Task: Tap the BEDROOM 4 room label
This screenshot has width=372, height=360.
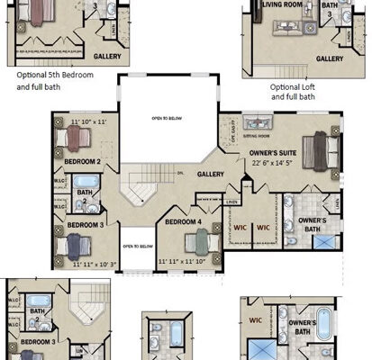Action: coord(184,221)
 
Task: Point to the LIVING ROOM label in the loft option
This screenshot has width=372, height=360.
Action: coord(283,4)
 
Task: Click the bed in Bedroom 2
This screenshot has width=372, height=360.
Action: coord(73,138)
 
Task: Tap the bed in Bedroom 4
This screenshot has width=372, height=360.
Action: coord(198,240)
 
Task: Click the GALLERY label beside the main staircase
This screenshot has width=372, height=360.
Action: coord(212,174)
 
